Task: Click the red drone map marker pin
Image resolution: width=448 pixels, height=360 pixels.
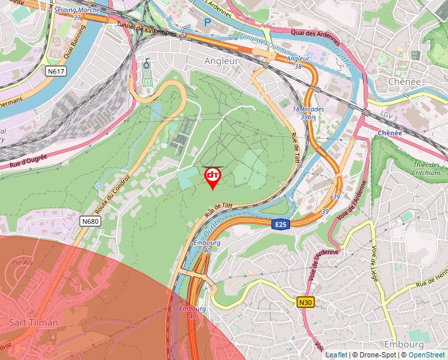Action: coord(213,177)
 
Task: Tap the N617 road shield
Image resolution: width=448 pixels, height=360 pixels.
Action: coord(57,70)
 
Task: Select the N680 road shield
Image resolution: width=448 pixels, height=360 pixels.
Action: coord(91,221)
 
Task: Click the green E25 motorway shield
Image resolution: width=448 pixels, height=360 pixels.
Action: coord(281,224)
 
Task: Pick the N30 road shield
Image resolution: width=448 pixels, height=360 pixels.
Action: coord(305,303)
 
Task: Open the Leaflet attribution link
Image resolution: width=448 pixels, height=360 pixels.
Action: coord(336,355)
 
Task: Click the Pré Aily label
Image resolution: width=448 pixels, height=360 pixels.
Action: coord(22,263)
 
